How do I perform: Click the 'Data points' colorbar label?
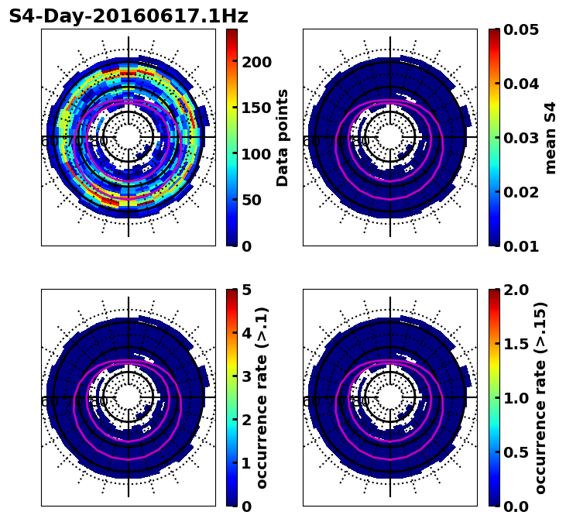[x=283, y=137]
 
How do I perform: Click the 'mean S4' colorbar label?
[x=551, y=137]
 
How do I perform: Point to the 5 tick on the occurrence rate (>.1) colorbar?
[x=248, y=290]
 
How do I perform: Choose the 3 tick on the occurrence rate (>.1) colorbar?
[x=248, y=376]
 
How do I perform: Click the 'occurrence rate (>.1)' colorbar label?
[x=262, y=397]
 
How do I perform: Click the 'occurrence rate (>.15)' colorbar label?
[x=540, y=397]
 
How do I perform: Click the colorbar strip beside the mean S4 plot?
[x=494, y=137]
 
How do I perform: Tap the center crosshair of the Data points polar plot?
[x=129, y=137]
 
